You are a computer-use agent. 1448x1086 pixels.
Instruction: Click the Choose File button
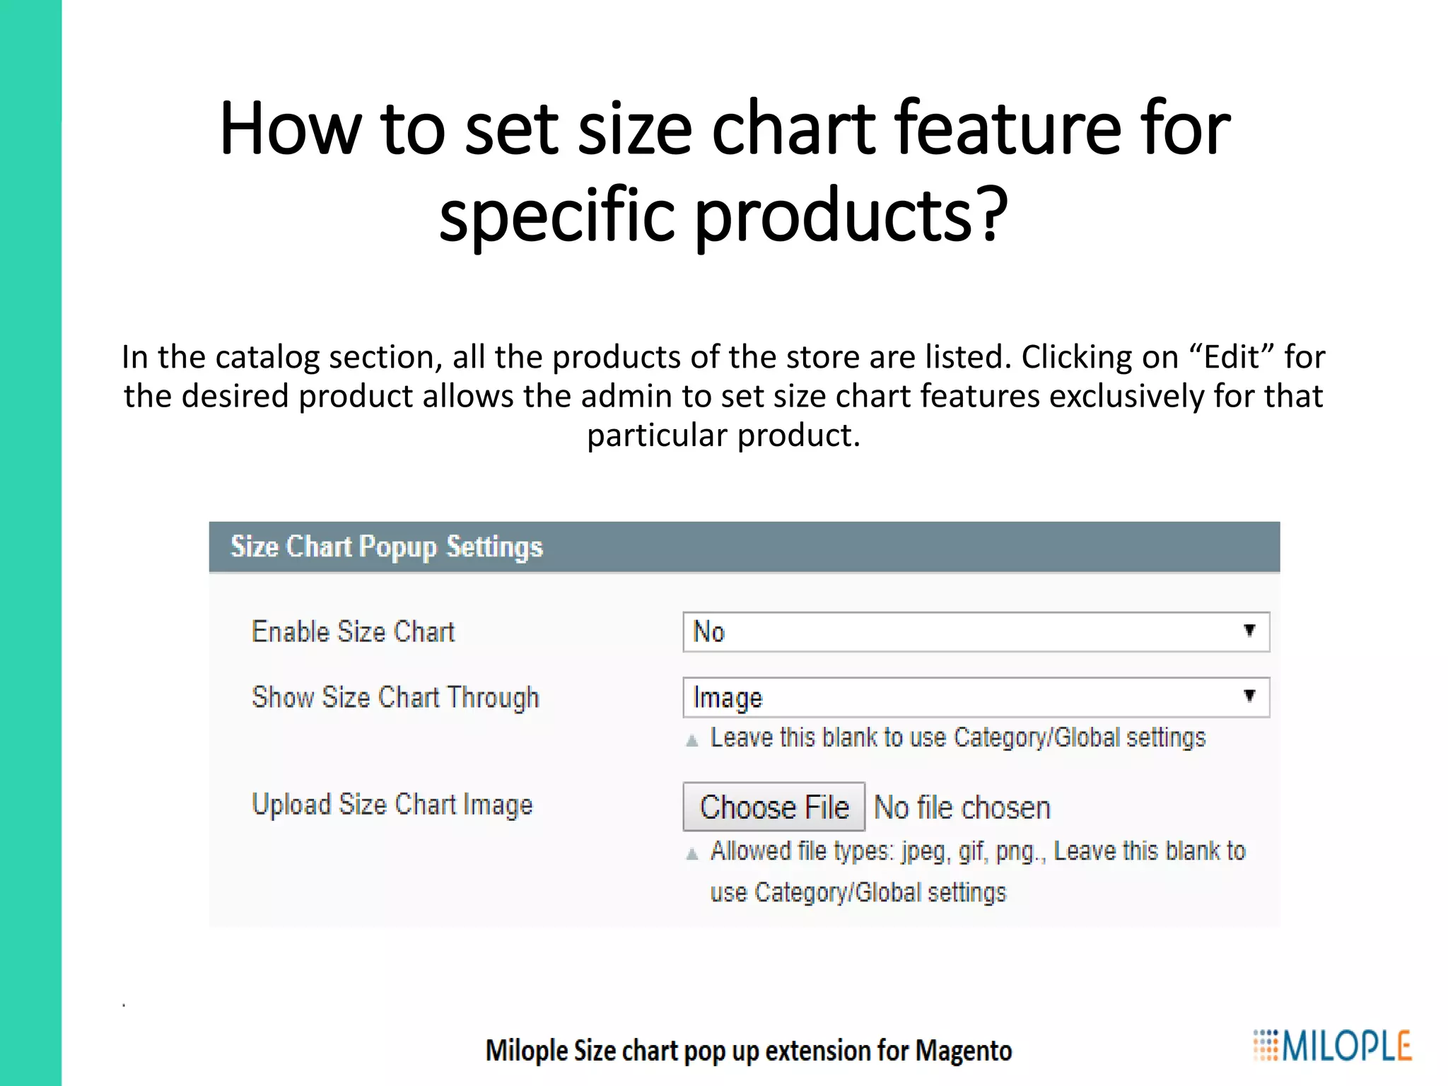[773, 807]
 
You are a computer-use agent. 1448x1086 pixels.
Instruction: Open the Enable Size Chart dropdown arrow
[1249, 631]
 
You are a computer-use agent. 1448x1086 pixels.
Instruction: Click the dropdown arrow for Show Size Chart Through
[1249, 696]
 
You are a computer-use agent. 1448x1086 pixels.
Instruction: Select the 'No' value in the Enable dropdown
[709, 631]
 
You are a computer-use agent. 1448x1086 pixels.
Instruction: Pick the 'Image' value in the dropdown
[728, 698]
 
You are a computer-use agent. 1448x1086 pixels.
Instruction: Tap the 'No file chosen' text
[962, 807]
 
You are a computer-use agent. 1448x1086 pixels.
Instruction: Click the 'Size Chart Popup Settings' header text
[387, 547]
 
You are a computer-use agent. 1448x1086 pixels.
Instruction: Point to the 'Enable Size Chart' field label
[353, 631]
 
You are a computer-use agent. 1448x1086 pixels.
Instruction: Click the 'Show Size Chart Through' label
[395, 697]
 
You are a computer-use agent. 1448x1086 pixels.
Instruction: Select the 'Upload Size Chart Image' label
[392, 805]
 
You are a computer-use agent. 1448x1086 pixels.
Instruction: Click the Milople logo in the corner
[1332, 1046]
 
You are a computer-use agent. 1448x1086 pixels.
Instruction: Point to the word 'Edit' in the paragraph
[1231, 357]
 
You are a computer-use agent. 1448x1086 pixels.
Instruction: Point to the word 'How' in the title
[290, 129]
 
